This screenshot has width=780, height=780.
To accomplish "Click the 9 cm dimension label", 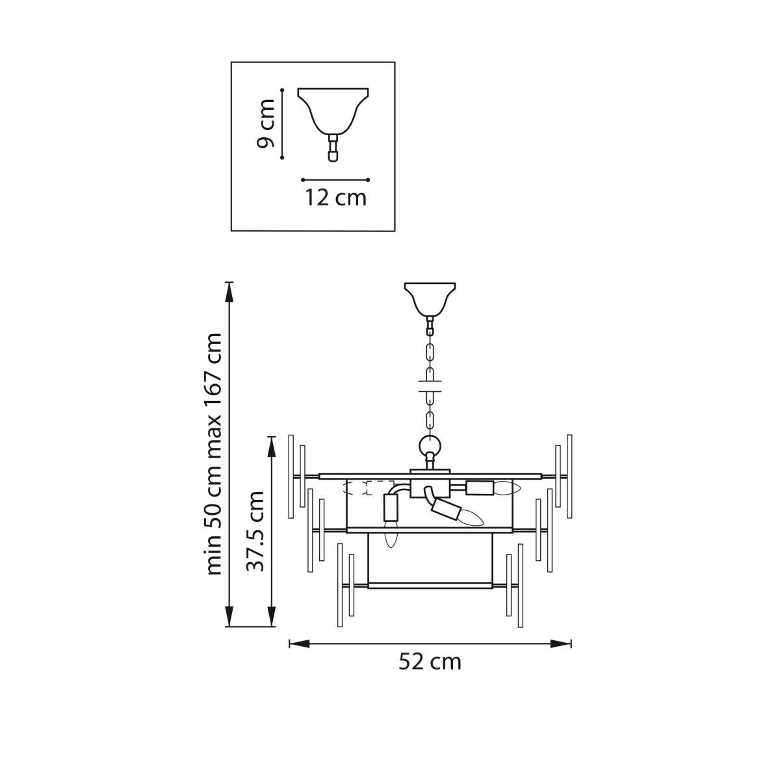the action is [266, 123].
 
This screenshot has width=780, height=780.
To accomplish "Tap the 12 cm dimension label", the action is [335, 198].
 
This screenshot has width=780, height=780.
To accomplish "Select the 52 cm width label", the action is [430, 662].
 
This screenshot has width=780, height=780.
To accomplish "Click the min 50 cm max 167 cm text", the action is [213, 454].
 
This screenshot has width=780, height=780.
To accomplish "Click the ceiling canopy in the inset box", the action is [333, 110].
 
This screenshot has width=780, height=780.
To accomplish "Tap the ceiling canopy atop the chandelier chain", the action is [430, 299].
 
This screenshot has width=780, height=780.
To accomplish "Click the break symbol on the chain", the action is [430, 386].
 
